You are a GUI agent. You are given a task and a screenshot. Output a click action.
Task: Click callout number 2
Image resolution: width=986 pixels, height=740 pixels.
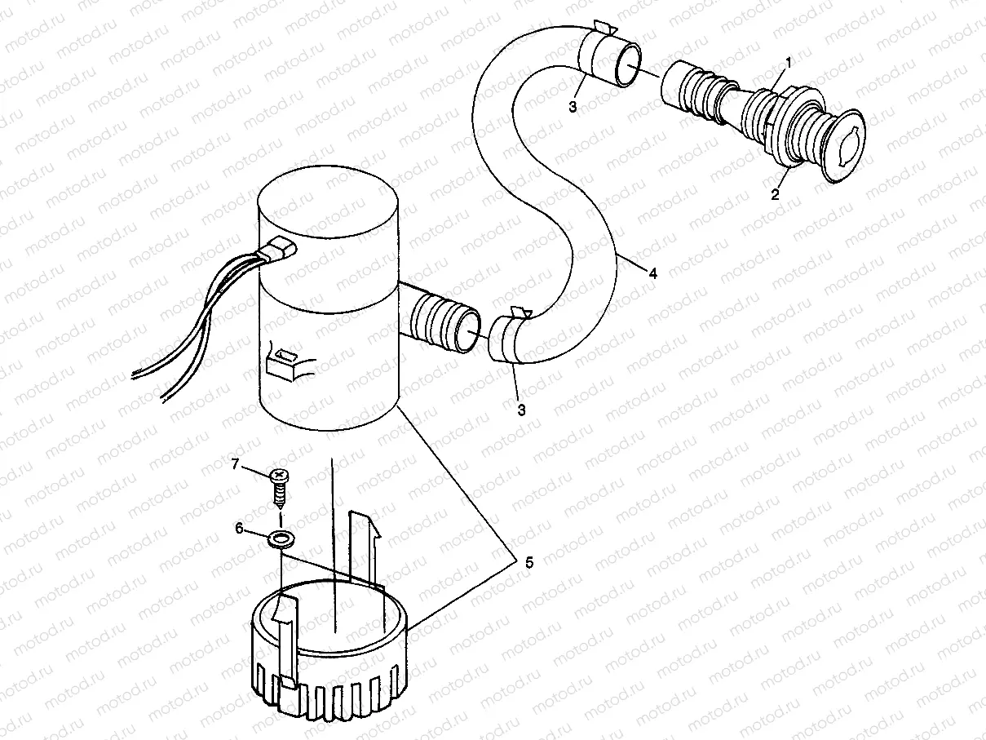pos(776,194)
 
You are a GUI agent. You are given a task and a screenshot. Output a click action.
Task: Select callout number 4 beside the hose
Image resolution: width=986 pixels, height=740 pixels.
pos(652,274)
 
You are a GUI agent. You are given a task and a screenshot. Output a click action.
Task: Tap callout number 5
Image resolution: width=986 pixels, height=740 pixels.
pos(528,562)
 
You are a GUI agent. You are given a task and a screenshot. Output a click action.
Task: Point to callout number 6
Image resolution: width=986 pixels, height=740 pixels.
pos(240,529)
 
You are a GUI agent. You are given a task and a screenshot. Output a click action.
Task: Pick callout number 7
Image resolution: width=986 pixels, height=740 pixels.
pos(235,465)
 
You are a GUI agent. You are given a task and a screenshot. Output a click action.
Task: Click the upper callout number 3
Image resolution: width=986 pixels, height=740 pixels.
pos(573,107)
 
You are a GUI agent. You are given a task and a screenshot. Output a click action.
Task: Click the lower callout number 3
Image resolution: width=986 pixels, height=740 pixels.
pos(520,409)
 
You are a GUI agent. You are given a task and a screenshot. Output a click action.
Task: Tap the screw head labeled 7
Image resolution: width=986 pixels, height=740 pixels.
pos(280,474)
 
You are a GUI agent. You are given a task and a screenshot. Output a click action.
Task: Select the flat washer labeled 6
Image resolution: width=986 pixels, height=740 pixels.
pos(282,538)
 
